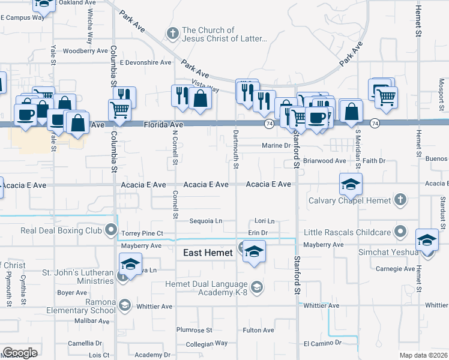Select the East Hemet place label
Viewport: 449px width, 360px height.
[x=207, y=253]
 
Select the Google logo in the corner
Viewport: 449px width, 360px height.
[x=20, y=353]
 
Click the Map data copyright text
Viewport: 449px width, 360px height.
[x=424, y=355]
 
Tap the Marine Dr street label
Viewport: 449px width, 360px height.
[x=276, y=145]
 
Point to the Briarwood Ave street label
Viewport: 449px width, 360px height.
[x=324, y=161]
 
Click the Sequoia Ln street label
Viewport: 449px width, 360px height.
[x=206, y=221]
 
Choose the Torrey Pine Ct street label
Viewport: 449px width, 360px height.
[x=142, y=233]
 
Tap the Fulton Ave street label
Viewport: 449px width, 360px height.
[x=258, y=330]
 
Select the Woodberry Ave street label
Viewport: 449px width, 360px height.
[x=85, y=51]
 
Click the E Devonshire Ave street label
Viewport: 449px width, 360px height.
[x=146, y=62]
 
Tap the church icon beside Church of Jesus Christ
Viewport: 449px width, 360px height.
[x=173, y=34]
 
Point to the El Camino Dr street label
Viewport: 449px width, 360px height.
[x=322, y=343]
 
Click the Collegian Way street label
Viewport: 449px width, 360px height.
[x=206, y=343]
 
